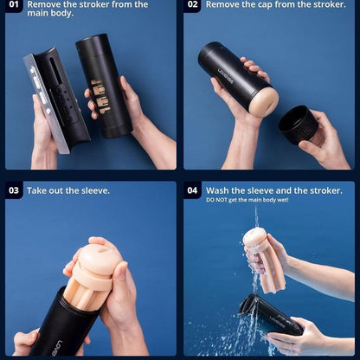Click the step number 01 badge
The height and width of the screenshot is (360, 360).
click(14, 5)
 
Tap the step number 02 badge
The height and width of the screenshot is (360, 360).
click(192, 5)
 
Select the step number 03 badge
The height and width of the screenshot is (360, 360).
click(14, 190)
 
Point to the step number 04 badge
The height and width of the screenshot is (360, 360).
click(192, 190)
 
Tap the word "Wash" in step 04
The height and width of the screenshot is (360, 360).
click(217, 190)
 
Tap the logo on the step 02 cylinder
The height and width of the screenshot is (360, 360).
click(226, 75)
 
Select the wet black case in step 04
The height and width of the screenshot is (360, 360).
click(269, 315)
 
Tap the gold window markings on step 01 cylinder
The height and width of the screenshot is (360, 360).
click(101, 96)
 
